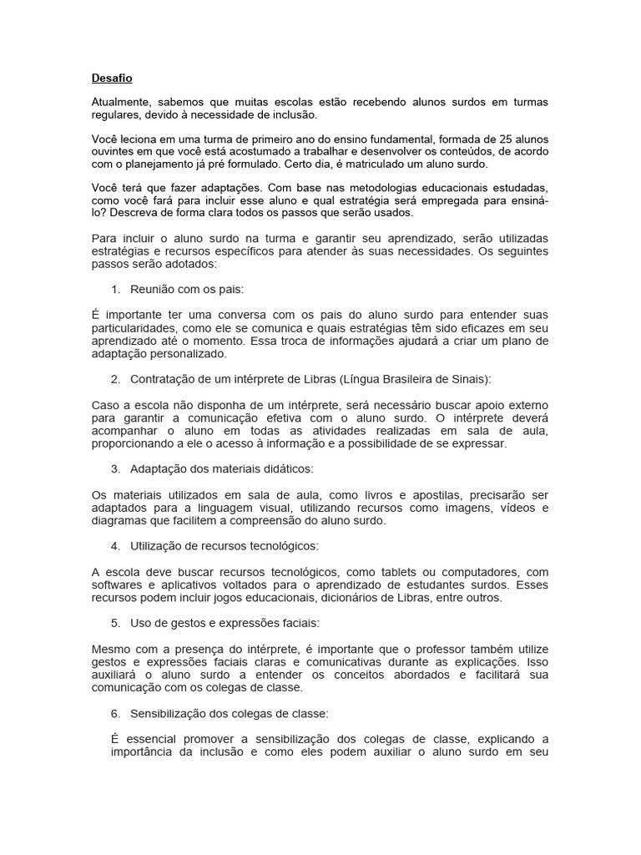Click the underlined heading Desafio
(x=112, y=78)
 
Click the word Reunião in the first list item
(x=153, y=289)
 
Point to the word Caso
(x=105, y=404)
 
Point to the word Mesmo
(x=109, y=650)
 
